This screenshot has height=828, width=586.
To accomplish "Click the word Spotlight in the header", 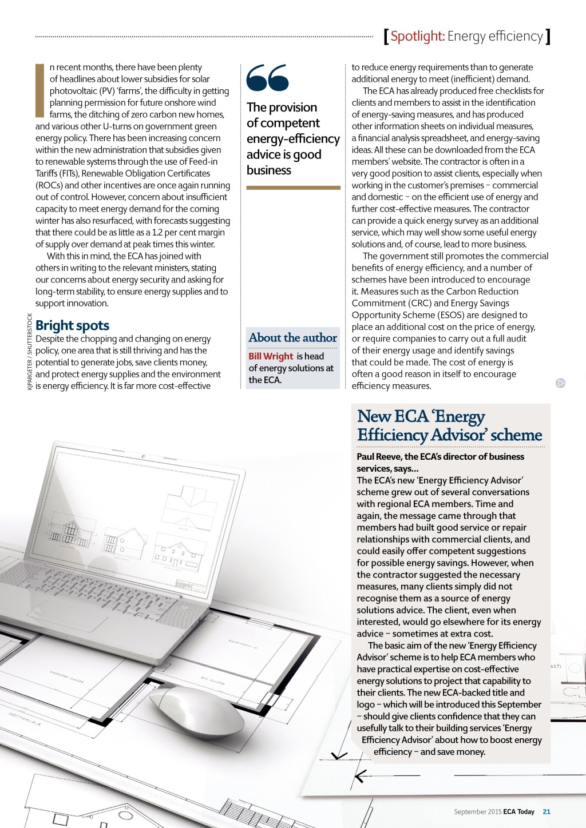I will coord(417,37).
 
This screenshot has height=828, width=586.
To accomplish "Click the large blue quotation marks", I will coord(268,78).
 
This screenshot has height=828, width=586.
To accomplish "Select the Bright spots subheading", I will coord(72,325).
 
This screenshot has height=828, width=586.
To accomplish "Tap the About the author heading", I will coord(292,338).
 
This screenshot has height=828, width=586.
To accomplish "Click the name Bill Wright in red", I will coord(271,356).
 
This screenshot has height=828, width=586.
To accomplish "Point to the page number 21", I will coord(547,811).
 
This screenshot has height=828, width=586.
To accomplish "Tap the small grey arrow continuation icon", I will coord(561,383).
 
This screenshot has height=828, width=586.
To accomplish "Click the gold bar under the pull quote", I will coord(293,188).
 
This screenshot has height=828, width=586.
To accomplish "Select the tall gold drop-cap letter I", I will coord(39,90).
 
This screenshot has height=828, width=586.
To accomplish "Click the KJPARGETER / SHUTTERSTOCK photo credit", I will coord(30,352).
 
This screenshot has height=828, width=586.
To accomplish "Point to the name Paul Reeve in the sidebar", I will coord(378,457).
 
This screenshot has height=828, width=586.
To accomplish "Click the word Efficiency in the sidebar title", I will coord(393,435).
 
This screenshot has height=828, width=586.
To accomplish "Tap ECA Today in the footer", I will coord(518,811).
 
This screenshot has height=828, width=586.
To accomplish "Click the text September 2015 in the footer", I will coord(477,811).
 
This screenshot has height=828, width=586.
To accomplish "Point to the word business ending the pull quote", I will coord(269,170).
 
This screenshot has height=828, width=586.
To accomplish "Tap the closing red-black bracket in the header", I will coord(548,37).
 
